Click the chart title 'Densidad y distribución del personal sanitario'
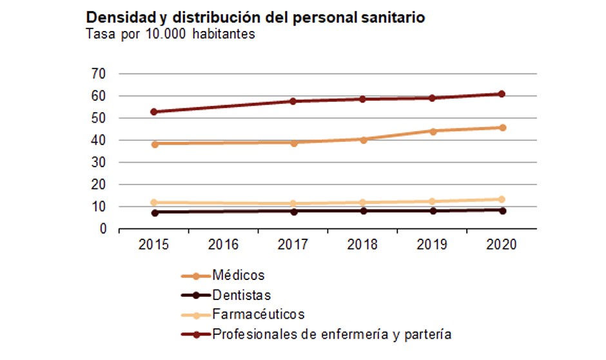[x=255, y=17]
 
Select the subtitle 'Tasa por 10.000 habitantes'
[x=171, y=34]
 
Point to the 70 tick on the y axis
[x=98, y=74]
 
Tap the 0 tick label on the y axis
[x=102, y=229]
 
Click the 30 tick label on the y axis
[x=98, y=163]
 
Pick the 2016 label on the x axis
[x=224, y=245]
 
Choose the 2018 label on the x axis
[x=362, y=245]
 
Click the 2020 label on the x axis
[x=501, y=245]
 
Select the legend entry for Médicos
[x=238, y=275]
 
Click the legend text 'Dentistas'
[x=241, y=295]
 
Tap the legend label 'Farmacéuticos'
[x=258, y=315]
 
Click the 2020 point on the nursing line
[x=501, y=94]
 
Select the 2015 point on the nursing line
[x=154, y=112]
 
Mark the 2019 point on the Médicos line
[x=432, y=131]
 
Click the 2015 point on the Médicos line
[x=154, y=144]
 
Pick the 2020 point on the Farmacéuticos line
[x=501, y=199]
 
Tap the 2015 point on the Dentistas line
[x=154, y=212]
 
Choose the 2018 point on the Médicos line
[x=362, y=139]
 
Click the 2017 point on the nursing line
[x=293, y=101]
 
